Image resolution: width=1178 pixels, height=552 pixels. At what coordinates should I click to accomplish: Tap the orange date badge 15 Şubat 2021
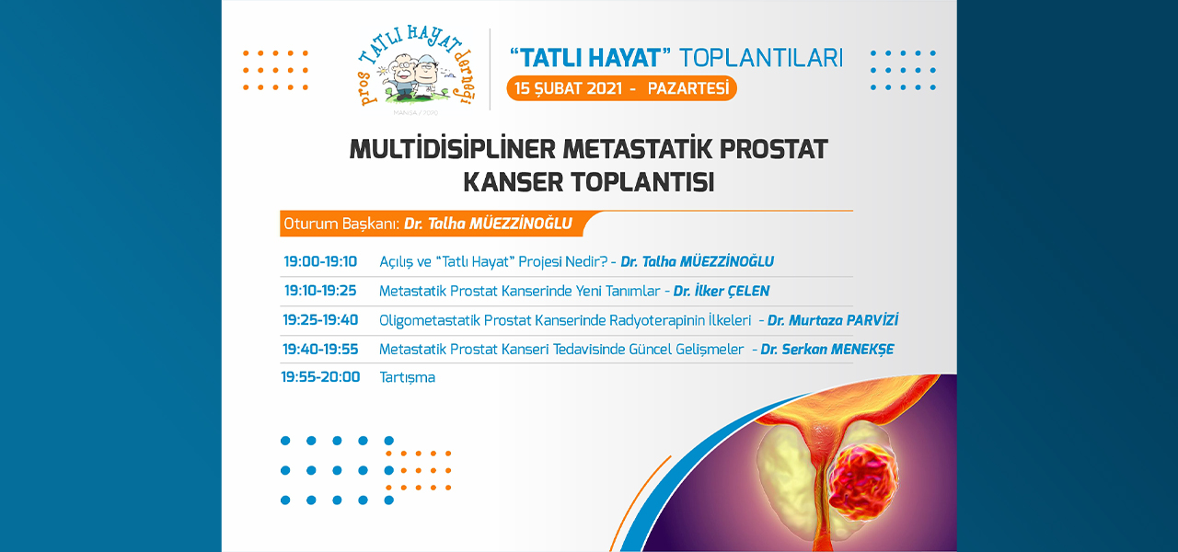click(x=621, y=88)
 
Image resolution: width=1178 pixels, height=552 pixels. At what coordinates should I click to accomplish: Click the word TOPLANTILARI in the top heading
click(x=761, y=58)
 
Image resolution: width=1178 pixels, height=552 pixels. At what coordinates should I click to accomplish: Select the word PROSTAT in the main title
click(x=774, y=149)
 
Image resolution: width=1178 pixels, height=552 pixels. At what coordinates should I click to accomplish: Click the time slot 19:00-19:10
click(x=320, y=261)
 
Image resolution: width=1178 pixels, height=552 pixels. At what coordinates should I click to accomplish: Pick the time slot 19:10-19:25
click(x=320, y=291)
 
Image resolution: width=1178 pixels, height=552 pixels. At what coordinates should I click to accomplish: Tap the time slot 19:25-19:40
click(x=320, y=320)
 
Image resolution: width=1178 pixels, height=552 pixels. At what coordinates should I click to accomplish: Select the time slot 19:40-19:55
click(x=320, y=349)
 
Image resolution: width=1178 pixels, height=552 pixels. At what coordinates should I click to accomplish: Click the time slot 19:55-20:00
click(x=320, y=377)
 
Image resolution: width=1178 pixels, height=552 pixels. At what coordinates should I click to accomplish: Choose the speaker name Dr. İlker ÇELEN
click(x=721, y=291)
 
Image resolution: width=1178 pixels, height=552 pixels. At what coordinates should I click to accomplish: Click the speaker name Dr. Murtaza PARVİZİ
click(x=833, y=320)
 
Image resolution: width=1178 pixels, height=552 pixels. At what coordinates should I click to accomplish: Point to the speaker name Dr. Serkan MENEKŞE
click(x=827, y=349)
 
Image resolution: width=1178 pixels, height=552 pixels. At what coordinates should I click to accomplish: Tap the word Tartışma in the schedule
click(x=407, y=377)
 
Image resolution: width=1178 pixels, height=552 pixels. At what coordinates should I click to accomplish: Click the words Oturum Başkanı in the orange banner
click(x=341, y=224)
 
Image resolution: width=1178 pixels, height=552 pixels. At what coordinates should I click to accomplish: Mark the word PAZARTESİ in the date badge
click(x=687, y=88)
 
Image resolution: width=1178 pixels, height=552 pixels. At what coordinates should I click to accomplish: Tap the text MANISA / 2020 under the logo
click(x=415, y=112)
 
